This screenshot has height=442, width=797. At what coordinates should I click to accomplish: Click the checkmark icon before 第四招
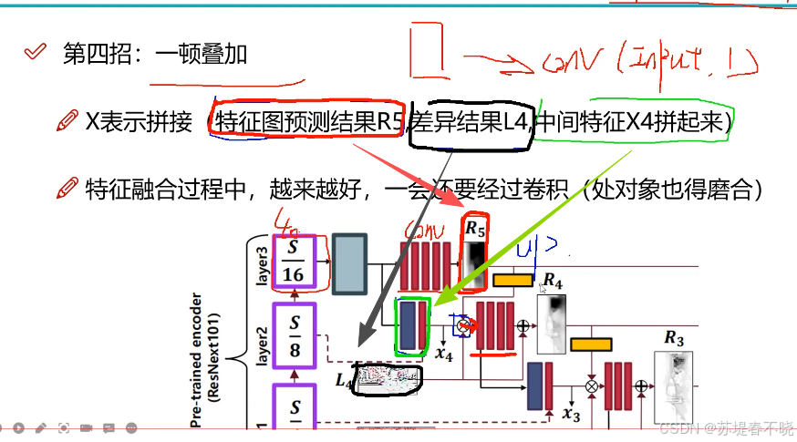tap(35, 53)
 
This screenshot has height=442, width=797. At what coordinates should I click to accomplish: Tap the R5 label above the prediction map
tap(475, 228)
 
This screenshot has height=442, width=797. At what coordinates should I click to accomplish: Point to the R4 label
tap(553, 279)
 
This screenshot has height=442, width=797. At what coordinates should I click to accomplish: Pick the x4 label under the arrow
tap(444, 354)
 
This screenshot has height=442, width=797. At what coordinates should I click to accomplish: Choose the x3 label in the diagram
tap(571, 415)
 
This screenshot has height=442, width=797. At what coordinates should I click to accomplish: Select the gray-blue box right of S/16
tap(349, 264)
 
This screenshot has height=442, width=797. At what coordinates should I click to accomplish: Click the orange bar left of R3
tap(590, 344)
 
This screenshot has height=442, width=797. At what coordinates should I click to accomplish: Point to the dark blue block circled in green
tap(407, 325)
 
